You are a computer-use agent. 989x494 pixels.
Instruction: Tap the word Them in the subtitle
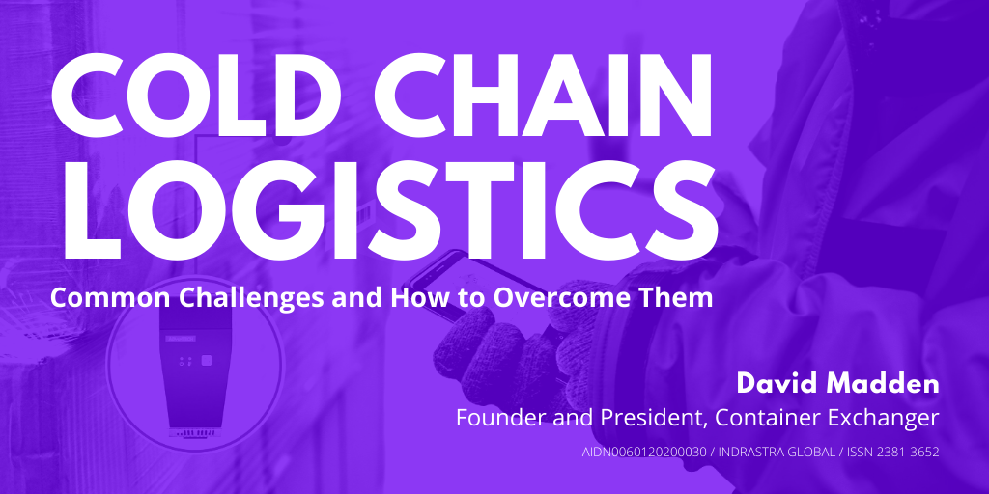[680, 297]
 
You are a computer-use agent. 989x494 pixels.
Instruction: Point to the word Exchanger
[888, 419]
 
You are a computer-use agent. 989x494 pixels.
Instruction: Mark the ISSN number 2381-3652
[908, 452]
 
